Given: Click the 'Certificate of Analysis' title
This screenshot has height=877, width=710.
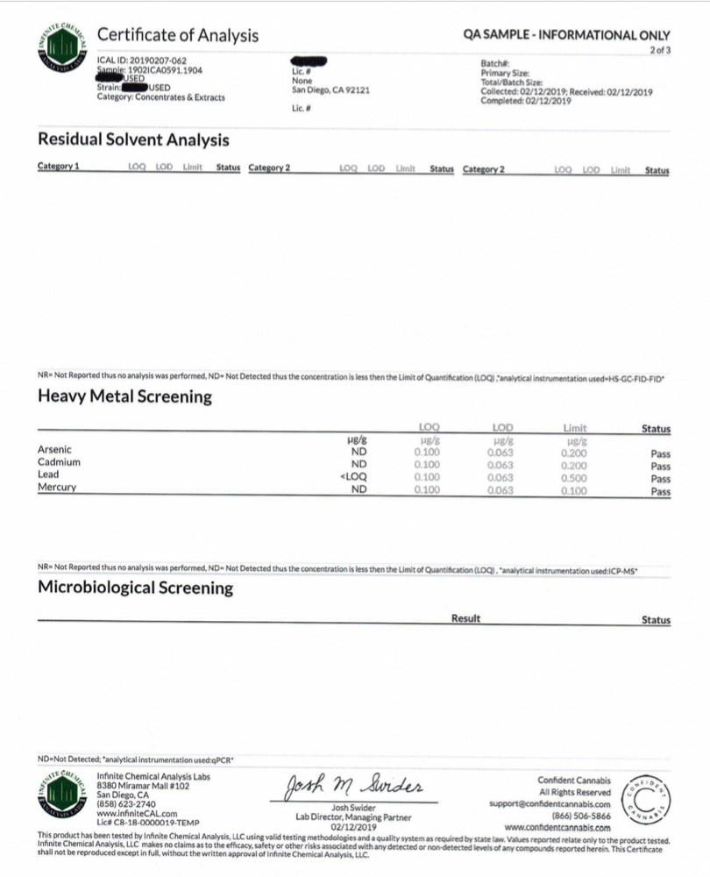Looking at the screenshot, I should tap(177, 36).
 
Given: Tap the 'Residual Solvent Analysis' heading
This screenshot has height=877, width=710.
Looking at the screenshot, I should tap(133, 139).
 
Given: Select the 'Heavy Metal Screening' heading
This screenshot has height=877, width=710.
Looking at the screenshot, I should tap(124, 396).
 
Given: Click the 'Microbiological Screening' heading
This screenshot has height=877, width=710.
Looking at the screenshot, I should tap(135, 588).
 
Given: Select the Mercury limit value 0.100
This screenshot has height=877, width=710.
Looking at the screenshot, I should tap(574, 490).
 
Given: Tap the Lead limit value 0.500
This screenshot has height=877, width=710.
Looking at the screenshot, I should tap(574, 477).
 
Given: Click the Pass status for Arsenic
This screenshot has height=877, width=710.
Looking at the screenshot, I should tap(660, 454).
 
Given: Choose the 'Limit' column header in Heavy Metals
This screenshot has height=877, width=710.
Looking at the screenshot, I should tap(574, 428).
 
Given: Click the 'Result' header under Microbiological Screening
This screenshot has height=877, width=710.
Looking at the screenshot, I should tap(465, 619).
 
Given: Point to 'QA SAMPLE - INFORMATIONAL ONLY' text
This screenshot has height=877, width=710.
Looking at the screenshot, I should tap(566, 36).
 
